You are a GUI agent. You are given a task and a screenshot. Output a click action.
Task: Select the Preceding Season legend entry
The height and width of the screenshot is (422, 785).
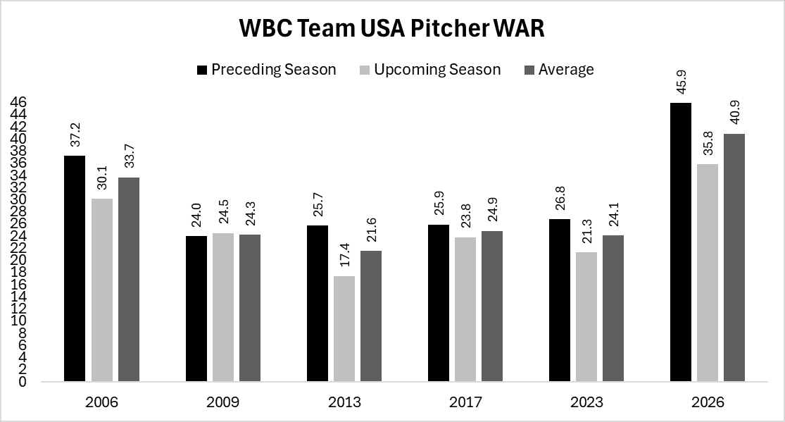[267, 69]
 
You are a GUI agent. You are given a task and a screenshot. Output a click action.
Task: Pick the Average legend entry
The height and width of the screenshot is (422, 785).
[558, 69]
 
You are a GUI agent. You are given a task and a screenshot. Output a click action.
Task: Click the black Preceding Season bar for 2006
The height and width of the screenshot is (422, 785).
[75, 268]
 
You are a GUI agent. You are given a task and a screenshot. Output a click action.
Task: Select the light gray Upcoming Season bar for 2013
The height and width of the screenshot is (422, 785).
[344, 329]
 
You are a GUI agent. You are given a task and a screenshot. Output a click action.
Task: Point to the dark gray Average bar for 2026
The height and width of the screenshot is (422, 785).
[734, 257]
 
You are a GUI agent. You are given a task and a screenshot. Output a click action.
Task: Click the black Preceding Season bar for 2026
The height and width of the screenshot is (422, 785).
[681, 242]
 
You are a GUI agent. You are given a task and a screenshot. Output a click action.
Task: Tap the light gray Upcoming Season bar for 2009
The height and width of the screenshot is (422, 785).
[223, 307]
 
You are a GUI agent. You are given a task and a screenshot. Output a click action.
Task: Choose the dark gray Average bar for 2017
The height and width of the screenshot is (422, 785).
[492, 306]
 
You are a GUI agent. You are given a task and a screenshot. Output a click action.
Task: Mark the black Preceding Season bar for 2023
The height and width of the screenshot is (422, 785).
[560, 300]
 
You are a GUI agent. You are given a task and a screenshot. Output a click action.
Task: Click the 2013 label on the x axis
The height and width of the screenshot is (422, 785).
[344, 402]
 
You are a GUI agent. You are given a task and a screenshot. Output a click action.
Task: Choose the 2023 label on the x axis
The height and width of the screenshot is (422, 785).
[586, 402]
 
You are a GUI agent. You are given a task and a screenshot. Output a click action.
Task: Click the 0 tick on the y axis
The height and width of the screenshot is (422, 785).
[23, 382]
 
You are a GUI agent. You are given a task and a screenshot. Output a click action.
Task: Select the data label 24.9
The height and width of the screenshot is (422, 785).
[492, 209]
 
